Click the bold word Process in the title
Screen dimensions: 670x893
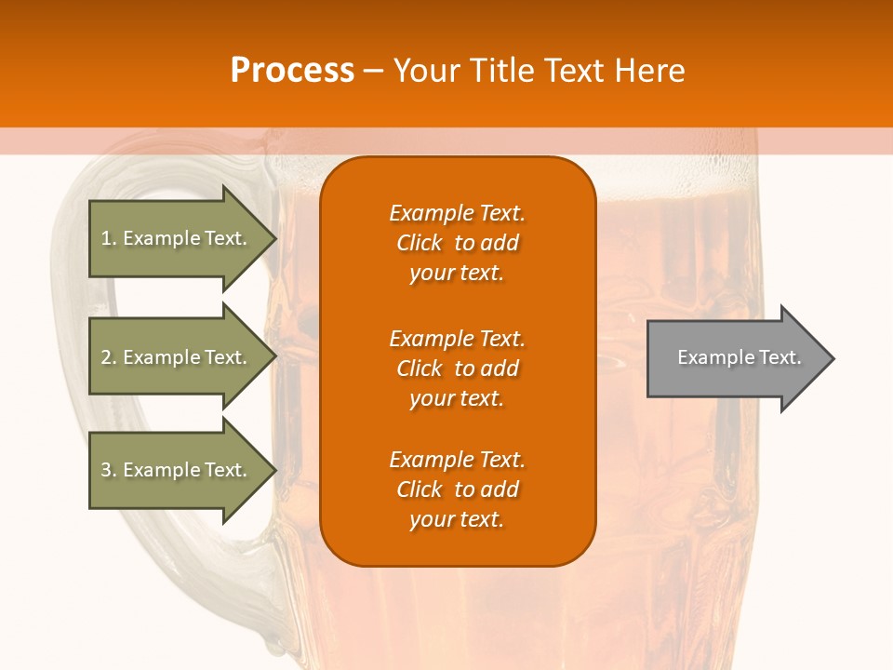pos(292,71)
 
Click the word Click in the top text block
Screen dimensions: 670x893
pos(420,243)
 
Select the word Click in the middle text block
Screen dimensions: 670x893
pos(420,368)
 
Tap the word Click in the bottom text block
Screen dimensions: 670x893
pos(420,489)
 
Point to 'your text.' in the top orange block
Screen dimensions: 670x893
pos(457,273)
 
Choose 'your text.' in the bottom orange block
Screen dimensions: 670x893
pos(457,519)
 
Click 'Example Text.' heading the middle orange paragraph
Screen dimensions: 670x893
pos(457,339)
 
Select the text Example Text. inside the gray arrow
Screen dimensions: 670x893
pos(740,357)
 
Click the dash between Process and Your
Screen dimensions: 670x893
pos(373,71)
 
